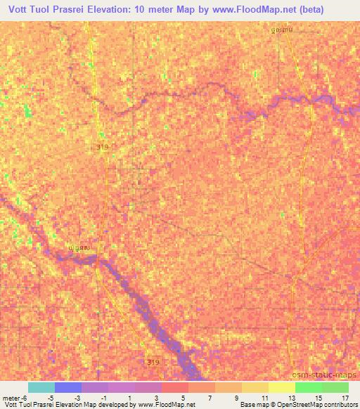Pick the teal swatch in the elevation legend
click(x=41, y=387)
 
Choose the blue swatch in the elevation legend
click(x=68, y=387)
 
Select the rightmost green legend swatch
click(x=335, y=387)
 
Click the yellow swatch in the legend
click(x=282, y=387)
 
